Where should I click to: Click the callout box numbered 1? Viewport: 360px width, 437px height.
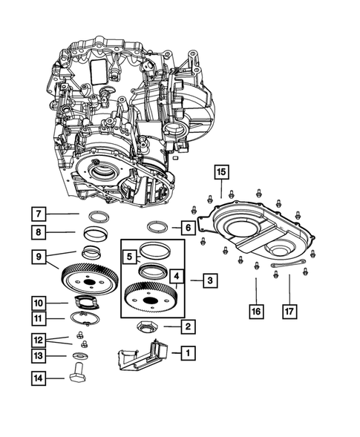pyautogui.click(x=188, y=353)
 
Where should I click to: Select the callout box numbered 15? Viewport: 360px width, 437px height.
pyautogui.click(x=221, y=173)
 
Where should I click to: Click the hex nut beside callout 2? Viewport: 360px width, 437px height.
pyautogui.click(x=146, y=326)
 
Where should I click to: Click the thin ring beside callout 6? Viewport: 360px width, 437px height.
pyautogui.click(x=159, y=226)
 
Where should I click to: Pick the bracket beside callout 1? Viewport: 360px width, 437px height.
pyautogui.click(x=141, y=355)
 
